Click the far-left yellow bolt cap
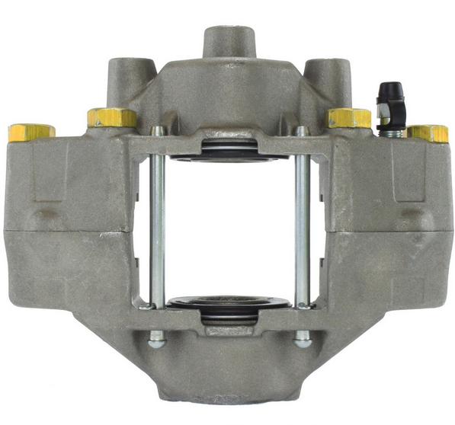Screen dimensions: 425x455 pyautogui.click(x=30, y=133)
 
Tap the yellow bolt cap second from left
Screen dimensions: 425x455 pyautogui.click(x=111, y=117)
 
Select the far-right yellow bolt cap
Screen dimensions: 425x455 pyautogui.click(x=428, y=133)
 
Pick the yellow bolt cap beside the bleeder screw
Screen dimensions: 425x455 pyautogui.click(x=349, y=117)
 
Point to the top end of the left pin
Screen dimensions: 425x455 pyautogui.click(x=158, y=132)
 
